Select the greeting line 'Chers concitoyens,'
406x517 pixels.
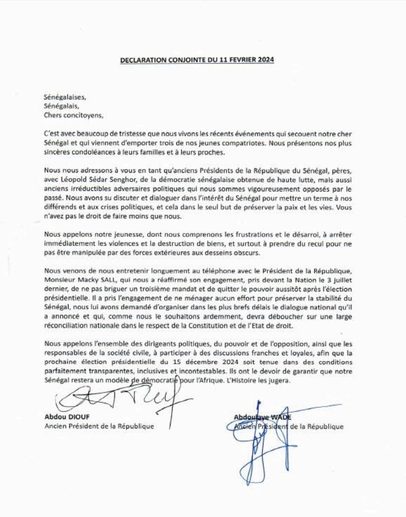tap(71, 115)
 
